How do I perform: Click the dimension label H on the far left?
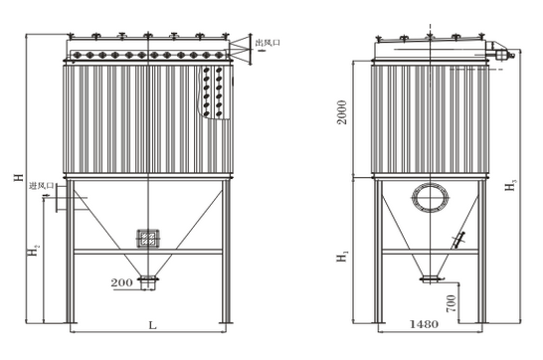tap(19, 177)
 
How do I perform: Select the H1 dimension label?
tap(343, 257)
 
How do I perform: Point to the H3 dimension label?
tap(510, 186)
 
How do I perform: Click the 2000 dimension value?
tap(342, 112)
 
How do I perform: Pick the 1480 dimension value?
tap(424, 324)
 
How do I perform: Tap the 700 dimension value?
tap(452, 303)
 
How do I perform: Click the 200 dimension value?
tap(121, 282)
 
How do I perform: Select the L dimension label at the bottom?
tap(152, 325)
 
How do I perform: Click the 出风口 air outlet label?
tap(268, 43)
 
